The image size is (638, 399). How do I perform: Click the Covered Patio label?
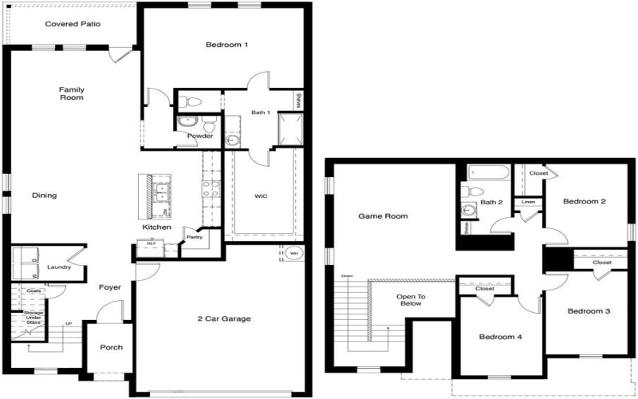coord(73,24)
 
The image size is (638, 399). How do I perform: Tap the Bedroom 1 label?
coord(227,45)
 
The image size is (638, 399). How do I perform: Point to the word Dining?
coord(44,195)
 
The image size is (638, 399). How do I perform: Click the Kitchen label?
coord(157,228)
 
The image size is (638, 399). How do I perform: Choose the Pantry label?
coord(194,237)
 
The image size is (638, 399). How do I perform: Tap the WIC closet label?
coord(261,196)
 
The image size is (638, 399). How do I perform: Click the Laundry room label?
coord(59,267)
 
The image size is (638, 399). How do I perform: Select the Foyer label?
coord(109,287)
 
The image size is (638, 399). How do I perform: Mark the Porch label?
coord(111,347)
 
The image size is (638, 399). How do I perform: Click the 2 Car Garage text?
coord(224,319)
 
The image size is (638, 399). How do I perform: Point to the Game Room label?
coord(383,215)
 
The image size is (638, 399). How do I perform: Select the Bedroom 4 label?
coord(500,337)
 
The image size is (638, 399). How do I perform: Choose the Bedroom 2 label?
coord(585,202)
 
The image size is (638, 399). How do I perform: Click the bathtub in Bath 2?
coord(489,172)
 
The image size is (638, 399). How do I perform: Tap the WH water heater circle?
coord(293,255)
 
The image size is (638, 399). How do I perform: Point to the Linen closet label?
coord(528,203)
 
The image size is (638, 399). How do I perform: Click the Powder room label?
coord(199,136)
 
